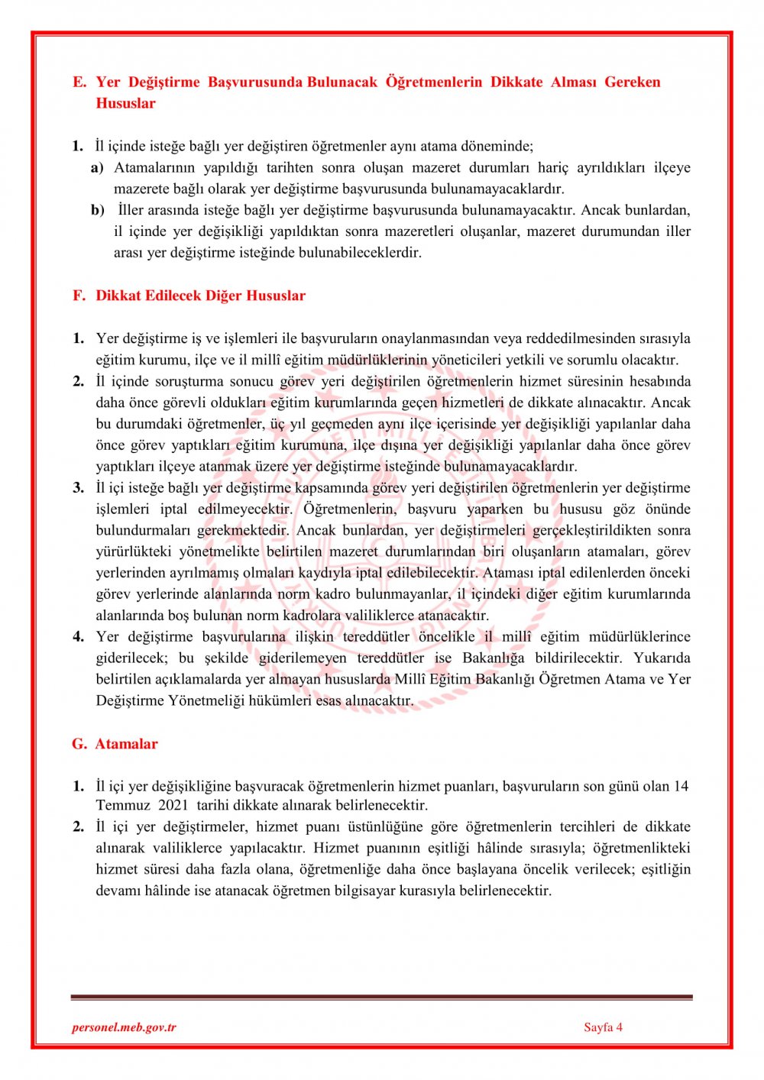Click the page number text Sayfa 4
point(603,1027)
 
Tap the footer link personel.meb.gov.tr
point(124,1027)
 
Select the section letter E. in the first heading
point(79,82)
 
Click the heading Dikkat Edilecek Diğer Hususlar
point(200,296)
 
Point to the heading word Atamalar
point(126,744)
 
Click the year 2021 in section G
point(173,805)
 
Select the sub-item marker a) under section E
point(97,167)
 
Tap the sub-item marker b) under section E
point(97,210)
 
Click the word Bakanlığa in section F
point(494,658)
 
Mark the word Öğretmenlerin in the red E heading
point(433,82)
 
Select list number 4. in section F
point(79,636)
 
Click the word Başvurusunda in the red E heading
point(255,82)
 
